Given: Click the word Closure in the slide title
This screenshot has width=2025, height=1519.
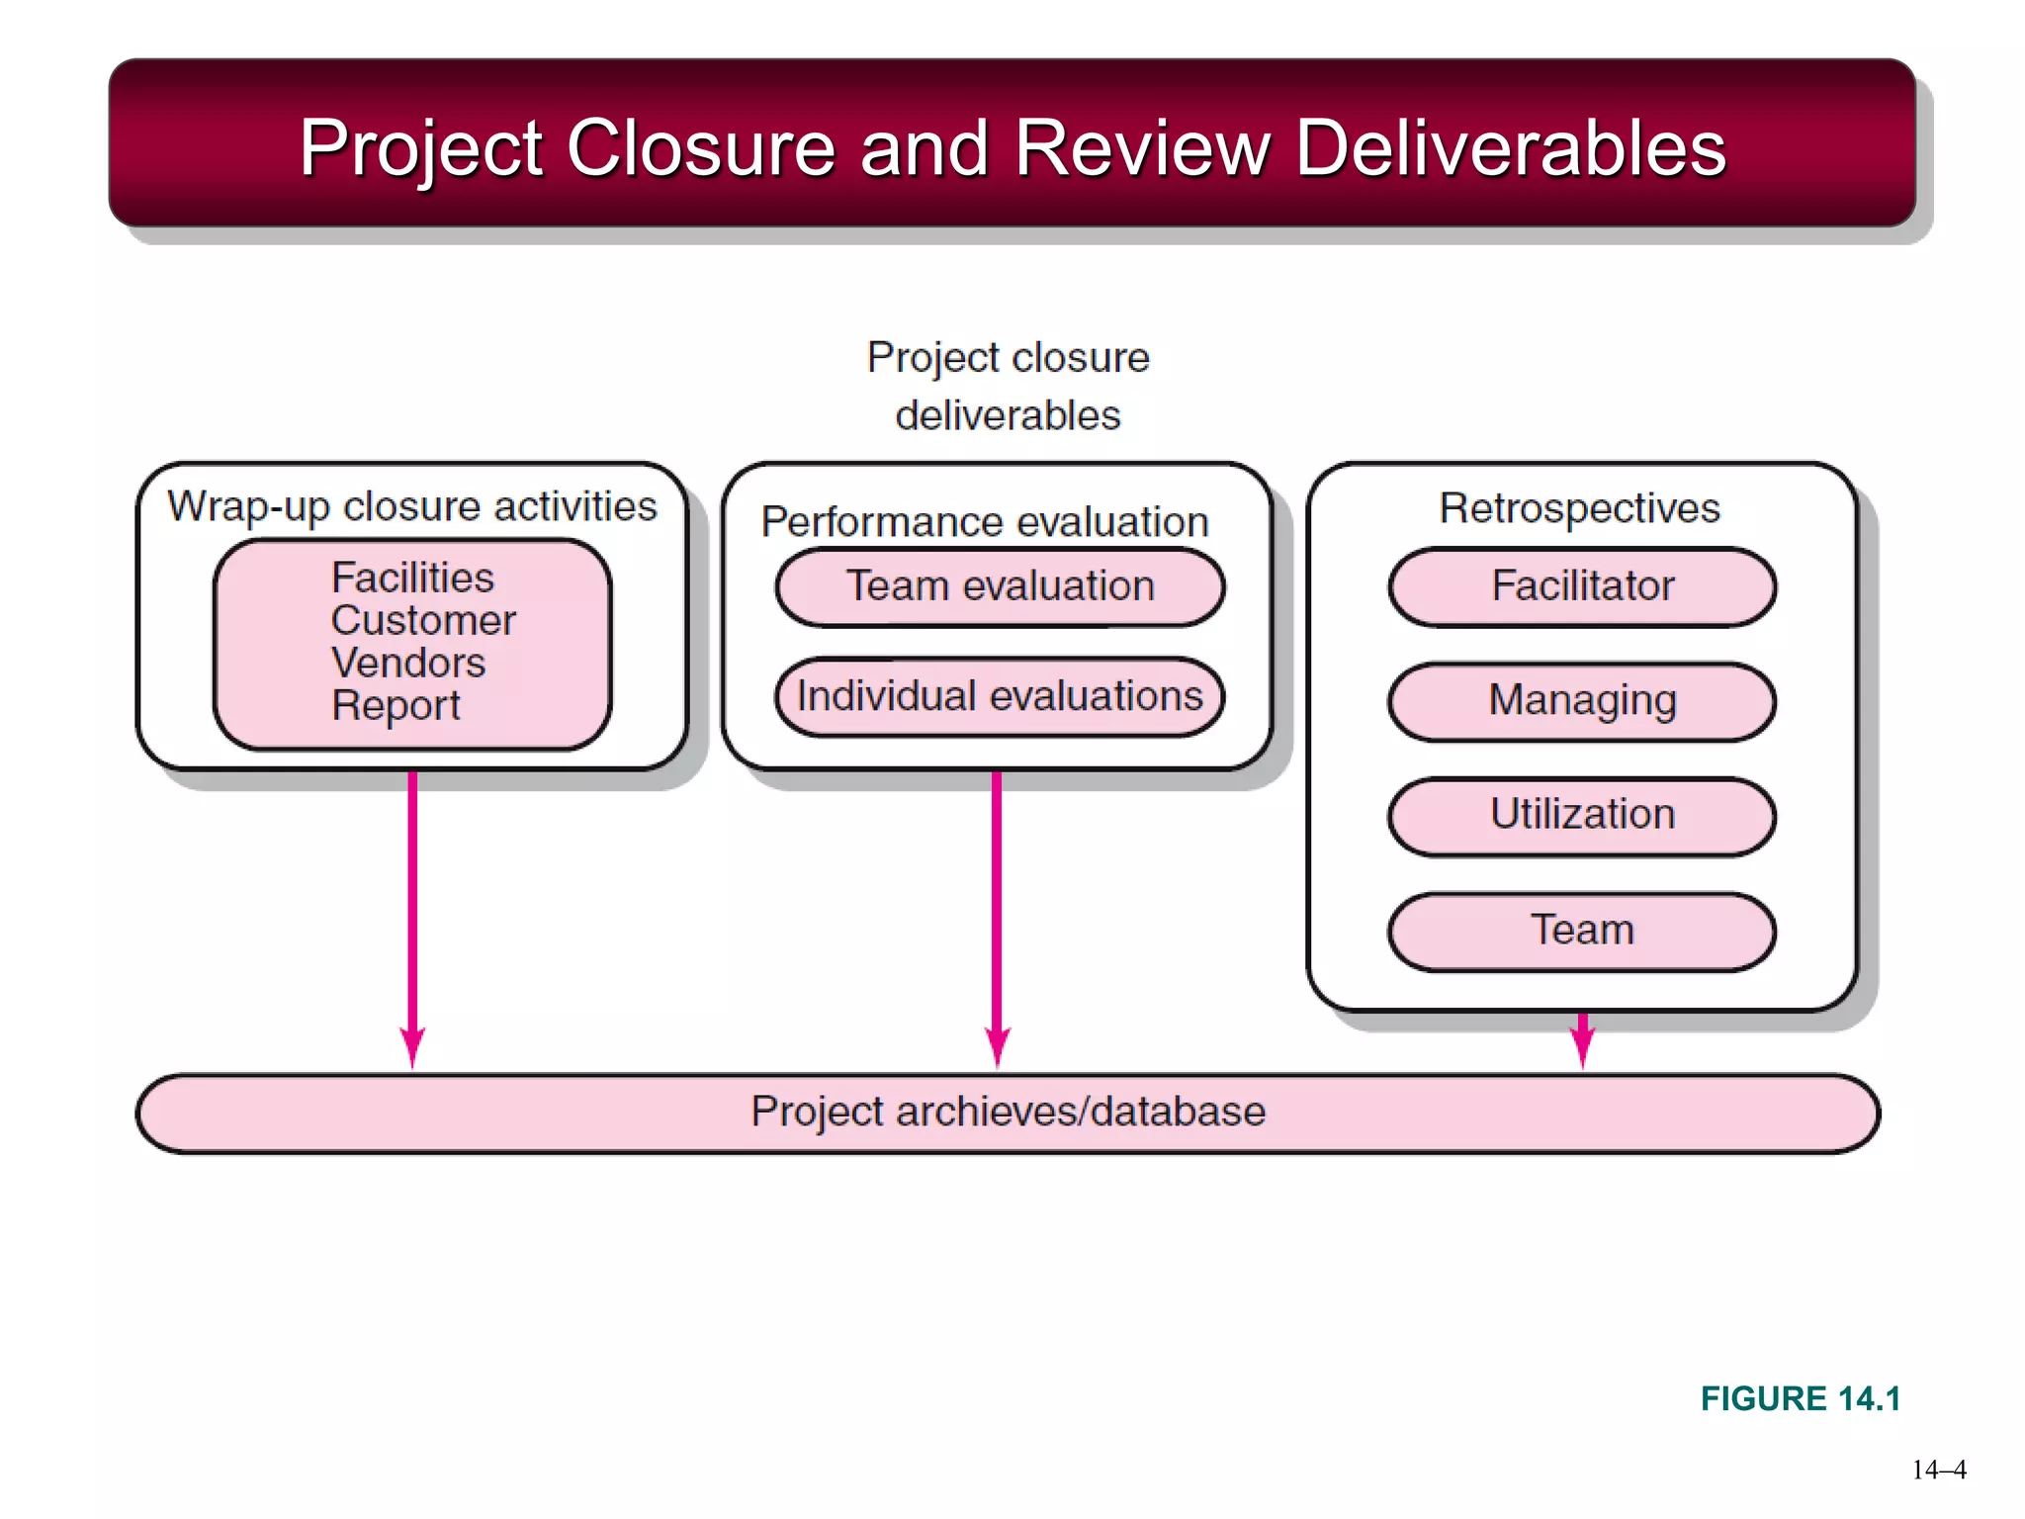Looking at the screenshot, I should [x=701, y=148].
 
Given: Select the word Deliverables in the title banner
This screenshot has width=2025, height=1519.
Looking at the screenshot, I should [x=1510, y=148].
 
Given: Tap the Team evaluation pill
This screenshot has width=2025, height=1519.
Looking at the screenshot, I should [x=1000, y=586].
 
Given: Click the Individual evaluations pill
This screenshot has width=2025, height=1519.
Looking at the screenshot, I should [x=1000, y=696].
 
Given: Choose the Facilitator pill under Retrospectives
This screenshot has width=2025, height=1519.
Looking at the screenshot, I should [x=1582, y=586].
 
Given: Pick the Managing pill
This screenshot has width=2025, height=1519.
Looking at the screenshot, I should [x=1582, y=701].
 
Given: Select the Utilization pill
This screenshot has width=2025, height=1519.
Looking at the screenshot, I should [x=1582, y=815].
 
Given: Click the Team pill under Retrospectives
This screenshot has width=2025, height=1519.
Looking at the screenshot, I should [x=1582, y=931].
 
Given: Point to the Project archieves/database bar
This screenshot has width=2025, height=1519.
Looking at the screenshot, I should [x=1008, y=1113].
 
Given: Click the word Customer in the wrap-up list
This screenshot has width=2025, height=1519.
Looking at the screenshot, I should [x=423, y=621].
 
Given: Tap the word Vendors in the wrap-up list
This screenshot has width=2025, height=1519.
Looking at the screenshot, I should [x=408, y=664].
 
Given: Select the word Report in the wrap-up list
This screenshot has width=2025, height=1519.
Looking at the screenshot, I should [x=396, y=706].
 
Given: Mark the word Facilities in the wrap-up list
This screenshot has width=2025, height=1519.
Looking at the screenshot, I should [x=412, y=579].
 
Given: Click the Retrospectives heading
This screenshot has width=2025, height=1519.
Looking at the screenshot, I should [x=1579, y=508].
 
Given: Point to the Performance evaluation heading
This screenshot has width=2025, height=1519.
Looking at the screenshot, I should [x=985, y=522].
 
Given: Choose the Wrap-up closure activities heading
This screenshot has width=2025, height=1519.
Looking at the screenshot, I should [x=412, y=506].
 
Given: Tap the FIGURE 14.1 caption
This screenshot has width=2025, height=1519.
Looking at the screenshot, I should [x=1801, y=1398].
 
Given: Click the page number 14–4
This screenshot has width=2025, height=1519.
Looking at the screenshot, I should [x=1939, y=1470].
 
